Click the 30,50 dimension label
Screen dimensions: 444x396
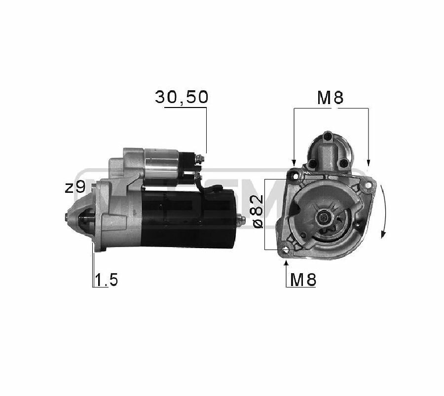click(x=182, y=97)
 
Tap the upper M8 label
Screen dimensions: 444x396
click(x=330, y=98)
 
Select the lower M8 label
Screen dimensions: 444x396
click(x=303, y=280)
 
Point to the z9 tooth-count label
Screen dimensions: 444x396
click(x=75, y=187)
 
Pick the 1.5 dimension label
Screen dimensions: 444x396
click(x=106, y=280)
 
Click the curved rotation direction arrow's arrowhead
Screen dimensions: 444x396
click(x=383, y=234)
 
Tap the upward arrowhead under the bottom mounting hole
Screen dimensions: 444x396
click(x=286, y=263)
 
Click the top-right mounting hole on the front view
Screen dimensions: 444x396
click(x=368, y=185)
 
